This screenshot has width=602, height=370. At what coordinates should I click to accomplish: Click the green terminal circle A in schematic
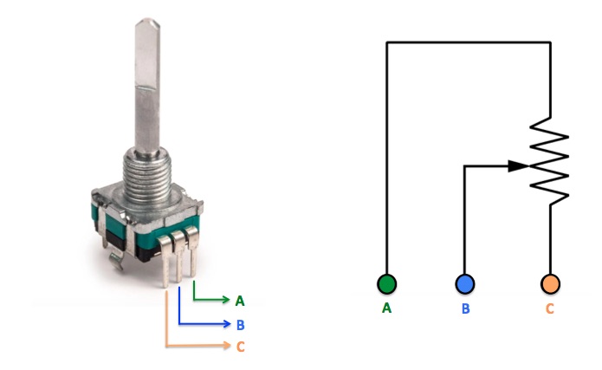(x=386, y=283)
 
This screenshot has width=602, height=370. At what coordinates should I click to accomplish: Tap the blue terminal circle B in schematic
(x=464, y=283)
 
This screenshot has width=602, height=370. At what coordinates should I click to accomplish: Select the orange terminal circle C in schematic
(x=549, y=283)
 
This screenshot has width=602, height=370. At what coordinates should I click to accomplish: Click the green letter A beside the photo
(x=240, y=301)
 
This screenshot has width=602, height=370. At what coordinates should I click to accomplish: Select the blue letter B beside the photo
(x=240, y=325)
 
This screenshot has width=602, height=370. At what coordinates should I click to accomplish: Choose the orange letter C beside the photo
(x=240, y=347)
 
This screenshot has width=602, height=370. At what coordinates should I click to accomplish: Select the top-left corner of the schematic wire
(x=386, y=42)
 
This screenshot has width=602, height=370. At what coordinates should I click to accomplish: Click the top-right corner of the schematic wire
(x=551, y=42)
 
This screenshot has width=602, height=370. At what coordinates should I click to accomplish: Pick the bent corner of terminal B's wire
(x=465, y=166)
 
